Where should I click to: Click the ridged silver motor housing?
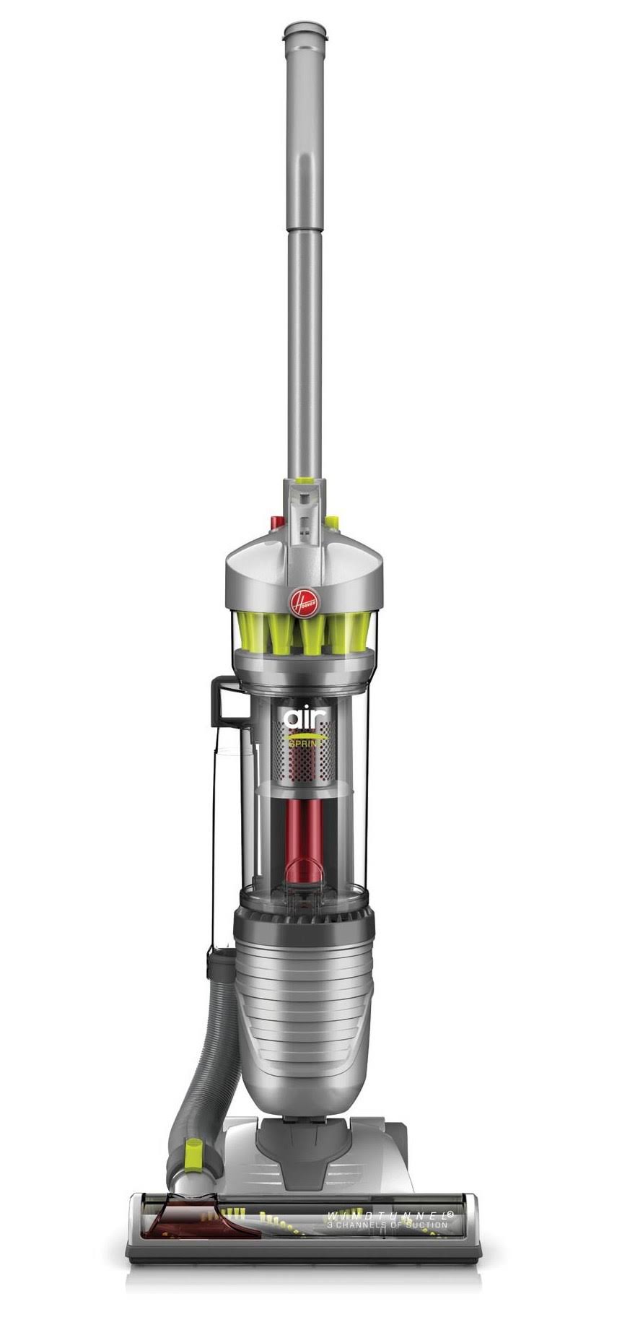tap(303, 1011)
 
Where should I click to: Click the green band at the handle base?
tap(303, 480)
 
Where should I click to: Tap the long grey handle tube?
tap(303, 253)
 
